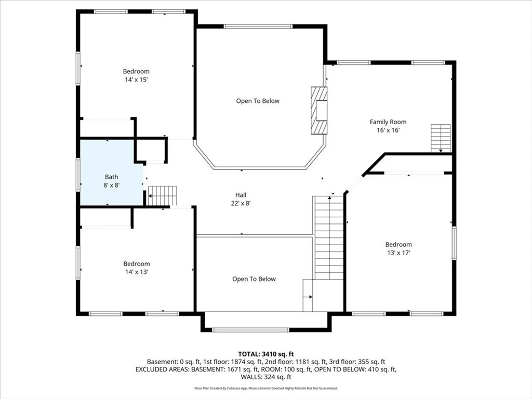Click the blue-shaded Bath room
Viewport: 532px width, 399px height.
point(111,172)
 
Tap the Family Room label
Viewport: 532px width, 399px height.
point(388,122)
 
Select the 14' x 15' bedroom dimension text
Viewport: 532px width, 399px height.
point(136,79)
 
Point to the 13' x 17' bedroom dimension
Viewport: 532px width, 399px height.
point(398,253)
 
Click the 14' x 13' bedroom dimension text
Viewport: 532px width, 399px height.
point(137,272)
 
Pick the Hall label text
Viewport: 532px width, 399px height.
point(241,195)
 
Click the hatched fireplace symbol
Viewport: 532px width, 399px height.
point(319,111)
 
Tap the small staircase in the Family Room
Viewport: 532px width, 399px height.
point(441,138)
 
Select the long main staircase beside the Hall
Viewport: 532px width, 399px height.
point(329,237)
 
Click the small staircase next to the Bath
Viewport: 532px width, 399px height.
point(163,196)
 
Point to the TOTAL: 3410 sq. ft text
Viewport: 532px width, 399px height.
point(266,354)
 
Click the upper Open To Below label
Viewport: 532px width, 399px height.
point(258,101)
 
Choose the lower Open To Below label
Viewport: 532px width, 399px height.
point(254,279)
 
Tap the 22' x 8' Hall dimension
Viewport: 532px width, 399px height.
point(241,204)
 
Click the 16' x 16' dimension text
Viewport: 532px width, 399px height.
point(388,130)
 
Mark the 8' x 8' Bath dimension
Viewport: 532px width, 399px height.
point(111,185)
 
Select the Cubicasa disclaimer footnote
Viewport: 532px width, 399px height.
point(266,388)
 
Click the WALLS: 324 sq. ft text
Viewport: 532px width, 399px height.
point(266,377)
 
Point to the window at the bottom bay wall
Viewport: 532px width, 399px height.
point(251,330)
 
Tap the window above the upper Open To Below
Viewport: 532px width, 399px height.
point(258,26)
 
